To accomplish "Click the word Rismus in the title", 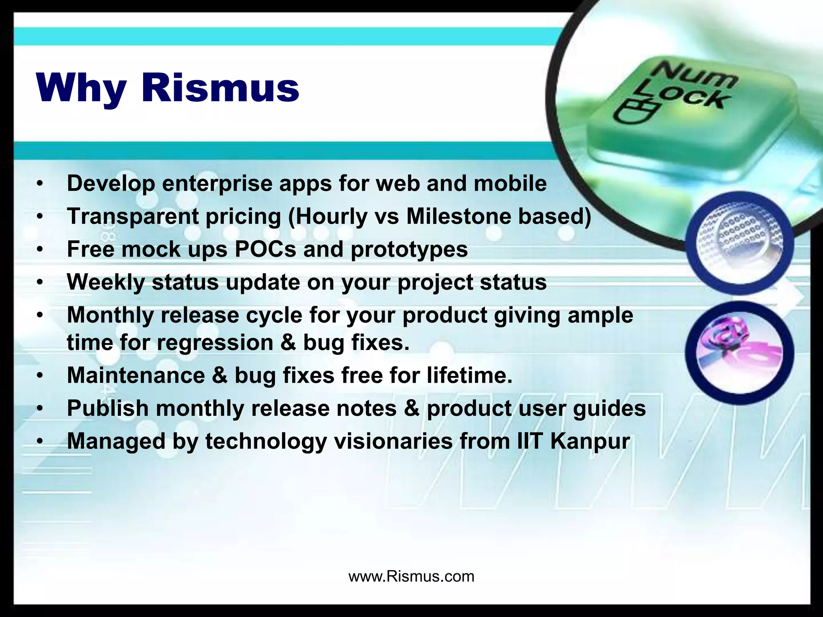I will click(220, 88).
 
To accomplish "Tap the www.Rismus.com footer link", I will click(411, 576).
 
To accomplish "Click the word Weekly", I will click(105, 282).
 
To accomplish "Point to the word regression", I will click(215, 343).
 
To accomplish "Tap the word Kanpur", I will click(590, 441).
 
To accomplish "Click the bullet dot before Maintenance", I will click(39, 376).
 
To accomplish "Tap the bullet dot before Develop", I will click(39, 184).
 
